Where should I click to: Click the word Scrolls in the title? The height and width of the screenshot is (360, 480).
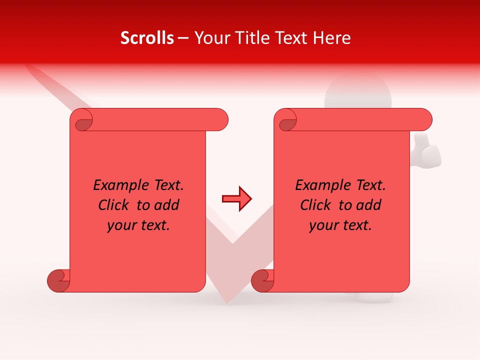pos(147,38)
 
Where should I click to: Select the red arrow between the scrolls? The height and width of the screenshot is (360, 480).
pos(237,199)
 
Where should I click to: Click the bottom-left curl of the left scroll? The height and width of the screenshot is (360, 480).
pos(58,280)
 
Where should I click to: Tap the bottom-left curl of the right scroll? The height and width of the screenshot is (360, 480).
pos(262,280)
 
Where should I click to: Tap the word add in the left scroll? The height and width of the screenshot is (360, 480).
pos(166,205)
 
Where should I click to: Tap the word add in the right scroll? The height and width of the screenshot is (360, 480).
pos(368,205)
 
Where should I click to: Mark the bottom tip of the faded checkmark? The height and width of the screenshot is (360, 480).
pos(227,300)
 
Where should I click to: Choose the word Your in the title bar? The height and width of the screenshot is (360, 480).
pos(210,38)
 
